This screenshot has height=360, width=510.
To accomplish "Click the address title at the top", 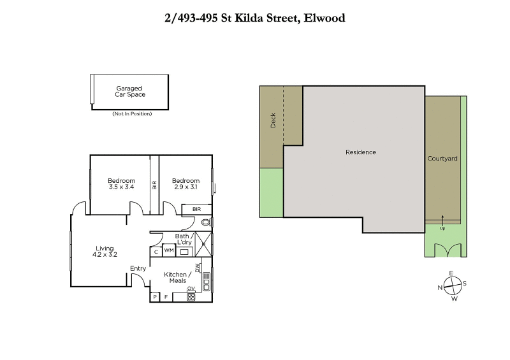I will point(255,18).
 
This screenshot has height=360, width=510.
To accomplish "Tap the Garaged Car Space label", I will point(129,91).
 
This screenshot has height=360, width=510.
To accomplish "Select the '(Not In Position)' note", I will point(132,113).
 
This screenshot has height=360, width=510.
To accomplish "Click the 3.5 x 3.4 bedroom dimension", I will point(121,187).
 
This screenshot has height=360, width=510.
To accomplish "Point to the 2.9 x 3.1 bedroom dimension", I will point(186,187).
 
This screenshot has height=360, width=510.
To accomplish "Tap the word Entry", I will point(138,268).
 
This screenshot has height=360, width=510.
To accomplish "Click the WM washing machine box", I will point(169,251).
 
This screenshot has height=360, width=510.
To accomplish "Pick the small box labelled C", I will point(156,252).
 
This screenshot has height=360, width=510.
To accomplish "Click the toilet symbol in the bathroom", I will point(205,223).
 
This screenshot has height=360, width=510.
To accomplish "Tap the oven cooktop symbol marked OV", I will point(191,296).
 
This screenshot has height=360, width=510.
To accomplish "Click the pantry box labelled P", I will point(155,297).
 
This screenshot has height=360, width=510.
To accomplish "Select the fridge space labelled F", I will point(166,297).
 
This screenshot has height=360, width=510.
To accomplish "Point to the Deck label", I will point(273,120).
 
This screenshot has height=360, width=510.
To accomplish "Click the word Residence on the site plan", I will point(361,152).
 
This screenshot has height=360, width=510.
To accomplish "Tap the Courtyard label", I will point(442,159).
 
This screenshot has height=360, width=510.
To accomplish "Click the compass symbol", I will point(452,285).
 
